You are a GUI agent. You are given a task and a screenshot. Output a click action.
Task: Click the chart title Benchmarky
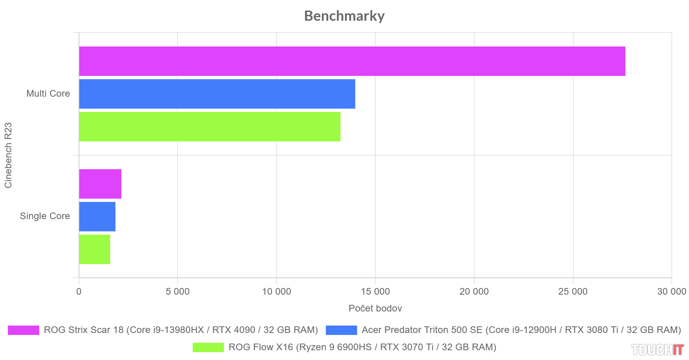344,16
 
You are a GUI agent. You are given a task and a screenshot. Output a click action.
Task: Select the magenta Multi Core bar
352,61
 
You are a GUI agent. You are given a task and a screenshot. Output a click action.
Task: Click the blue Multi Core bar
217,94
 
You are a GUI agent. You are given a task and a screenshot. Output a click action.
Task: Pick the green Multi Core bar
210,126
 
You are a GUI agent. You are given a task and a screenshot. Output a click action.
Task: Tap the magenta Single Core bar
100,184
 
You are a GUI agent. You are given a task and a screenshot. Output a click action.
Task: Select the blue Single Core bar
97,216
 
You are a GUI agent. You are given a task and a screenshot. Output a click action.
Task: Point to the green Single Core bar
95,249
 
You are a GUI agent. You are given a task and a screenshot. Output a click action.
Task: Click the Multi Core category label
48,94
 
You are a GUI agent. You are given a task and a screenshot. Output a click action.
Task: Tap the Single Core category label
45,216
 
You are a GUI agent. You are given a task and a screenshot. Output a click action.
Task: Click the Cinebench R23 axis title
8,155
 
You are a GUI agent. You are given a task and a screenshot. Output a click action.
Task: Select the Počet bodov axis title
375,308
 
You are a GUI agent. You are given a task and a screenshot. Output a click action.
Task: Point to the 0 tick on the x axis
79,292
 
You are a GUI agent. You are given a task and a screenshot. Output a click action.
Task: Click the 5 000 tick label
178,292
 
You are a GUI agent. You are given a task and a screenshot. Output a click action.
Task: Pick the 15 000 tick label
375,292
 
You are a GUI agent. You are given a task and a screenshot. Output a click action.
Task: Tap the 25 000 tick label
573,292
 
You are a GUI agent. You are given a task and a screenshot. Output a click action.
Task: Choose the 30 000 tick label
671,292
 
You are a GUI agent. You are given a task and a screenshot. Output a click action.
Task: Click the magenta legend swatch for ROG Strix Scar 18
23,330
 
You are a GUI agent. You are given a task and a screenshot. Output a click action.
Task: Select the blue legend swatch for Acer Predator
341,330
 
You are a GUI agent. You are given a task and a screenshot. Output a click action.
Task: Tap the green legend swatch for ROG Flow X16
208,347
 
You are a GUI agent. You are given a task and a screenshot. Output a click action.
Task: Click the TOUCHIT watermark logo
657,349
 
